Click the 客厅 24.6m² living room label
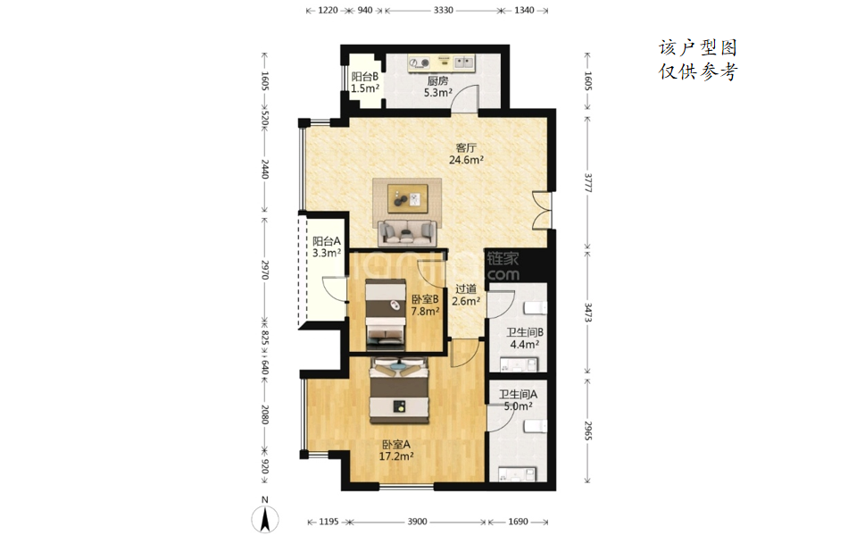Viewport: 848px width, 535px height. [x=466, y=154]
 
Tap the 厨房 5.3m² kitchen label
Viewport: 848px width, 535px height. [x=437, y=87]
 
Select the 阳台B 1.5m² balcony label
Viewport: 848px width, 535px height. [x=365, y=83]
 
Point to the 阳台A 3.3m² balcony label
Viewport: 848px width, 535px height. [x=327, y=247]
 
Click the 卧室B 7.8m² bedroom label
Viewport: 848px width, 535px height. [x=425, y=305]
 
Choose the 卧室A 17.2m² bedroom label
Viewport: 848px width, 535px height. [x=396, y=450]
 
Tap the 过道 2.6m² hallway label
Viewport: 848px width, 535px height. [x=466, y=295]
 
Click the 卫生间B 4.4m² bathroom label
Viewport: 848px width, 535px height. [x=525, y=339]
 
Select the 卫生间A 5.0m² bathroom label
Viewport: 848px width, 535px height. [x=518, y=400]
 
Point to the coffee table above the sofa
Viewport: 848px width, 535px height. [x=407, y=198]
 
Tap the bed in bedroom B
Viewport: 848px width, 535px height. [x=385, y=314]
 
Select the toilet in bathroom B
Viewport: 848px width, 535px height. [x=536, y=308]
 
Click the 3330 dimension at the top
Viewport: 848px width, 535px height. [x=443, y=10]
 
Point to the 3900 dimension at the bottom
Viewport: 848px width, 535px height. [x=417, y=522]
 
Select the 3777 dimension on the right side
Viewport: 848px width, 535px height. [x=587, y=183]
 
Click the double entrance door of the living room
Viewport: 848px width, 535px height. [x=542, y=210]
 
